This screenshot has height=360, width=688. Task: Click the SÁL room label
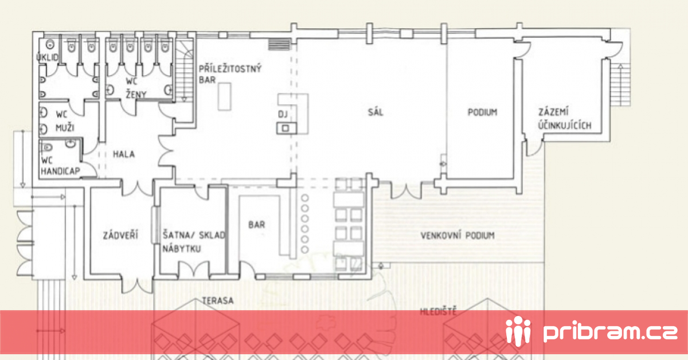point(376,112)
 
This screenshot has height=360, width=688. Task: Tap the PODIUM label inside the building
point(482,112)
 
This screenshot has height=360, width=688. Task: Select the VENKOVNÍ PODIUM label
point(458,236)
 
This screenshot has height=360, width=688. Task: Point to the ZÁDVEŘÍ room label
point(120,235)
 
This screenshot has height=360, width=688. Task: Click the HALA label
point(124,154)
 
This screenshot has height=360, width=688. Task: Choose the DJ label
point(283,115)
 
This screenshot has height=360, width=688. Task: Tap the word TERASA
point(218,300)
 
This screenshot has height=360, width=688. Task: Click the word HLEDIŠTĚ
point(438,311)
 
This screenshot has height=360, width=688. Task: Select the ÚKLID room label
point(47,57)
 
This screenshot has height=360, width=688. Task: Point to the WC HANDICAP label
point(61,166)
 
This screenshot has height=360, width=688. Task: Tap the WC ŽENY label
point(136,88)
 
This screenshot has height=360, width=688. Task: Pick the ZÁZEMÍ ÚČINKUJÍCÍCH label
point(565,119)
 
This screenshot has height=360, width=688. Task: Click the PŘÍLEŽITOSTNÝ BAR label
point(230,74)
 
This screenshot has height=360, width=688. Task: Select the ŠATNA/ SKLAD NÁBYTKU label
point(194,242)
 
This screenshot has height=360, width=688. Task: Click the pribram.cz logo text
point(610,332)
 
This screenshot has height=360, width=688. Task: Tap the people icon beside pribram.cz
point(518,331)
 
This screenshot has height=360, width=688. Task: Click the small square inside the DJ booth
point(286,128)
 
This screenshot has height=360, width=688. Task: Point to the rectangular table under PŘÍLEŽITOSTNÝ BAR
point(225,96)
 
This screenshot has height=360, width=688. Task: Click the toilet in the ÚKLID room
point(50,45)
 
